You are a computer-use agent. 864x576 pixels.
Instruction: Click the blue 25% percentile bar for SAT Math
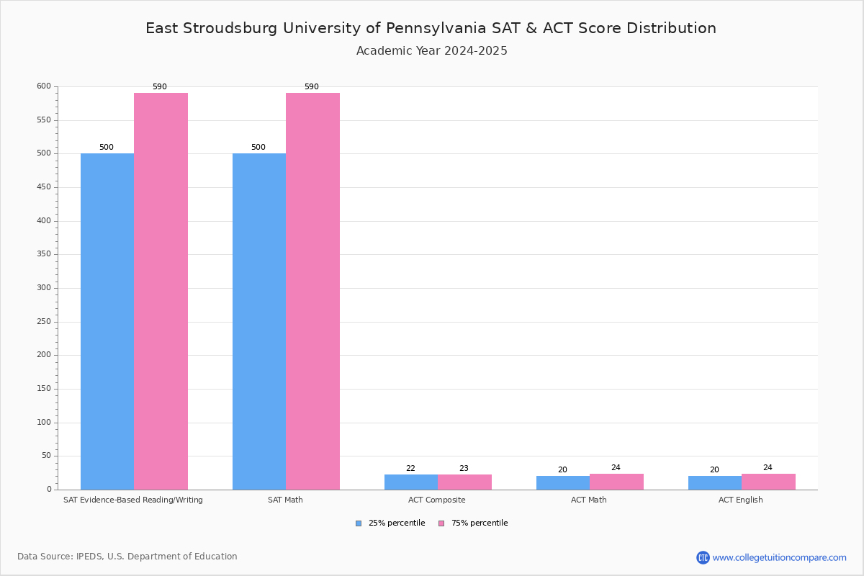pos(259,321)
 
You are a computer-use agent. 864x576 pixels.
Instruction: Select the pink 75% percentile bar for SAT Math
pos(312,291)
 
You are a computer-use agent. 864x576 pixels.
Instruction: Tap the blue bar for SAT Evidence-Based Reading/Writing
pos(107,321)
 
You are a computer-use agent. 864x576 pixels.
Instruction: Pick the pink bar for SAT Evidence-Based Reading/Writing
pos(161,291)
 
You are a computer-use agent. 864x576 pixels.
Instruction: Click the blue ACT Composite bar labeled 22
pos(411,482)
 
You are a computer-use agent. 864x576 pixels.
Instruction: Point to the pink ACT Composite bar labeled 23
pos(464,482)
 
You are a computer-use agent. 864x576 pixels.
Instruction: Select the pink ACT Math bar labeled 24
pos(616,482)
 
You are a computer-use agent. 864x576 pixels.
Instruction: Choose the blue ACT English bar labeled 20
pos(714,482)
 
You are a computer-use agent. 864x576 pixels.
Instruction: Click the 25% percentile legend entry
pos(390,523)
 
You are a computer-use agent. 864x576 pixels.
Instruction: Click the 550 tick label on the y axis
pos(44,120)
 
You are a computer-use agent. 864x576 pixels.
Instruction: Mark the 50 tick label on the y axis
pos(46,456)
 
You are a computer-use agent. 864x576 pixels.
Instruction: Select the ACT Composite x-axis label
pos(437,500)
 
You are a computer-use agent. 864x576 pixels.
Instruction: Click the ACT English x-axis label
pos(741,500)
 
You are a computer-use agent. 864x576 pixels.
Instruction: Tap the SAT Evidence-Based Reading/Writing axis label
pos(133,500)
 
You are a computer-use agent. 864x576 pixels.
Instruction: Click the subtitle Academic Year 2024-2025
pos(432,51)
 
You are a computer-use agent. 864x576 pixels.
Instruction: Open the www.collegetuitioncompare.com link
pos(779,557)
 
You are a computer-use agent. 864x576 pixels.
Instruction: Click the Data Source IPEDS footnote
pos(127,557)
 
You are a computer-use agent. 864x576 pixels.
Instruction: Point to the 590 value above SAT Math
pos(311,87)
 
